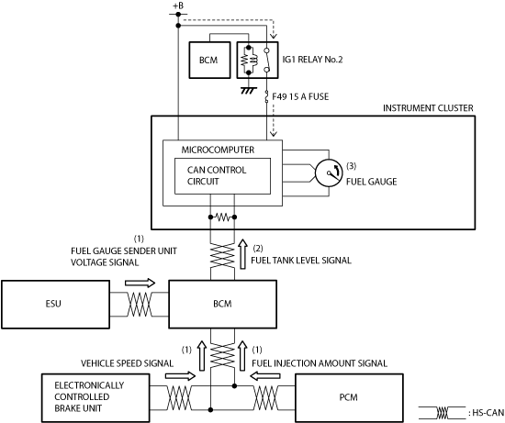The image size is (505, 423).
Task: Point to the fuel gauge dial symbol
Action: pos(329,173)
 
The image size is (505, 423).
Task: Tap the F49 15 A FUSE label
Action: pos(300,96)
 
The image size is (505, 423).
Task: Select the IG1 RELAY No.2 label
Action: pos(312,60)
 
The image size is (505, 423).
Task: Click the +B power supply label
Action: pos(178,6)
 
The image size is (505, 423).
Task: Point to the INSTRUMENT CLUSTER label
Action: pos(428,108)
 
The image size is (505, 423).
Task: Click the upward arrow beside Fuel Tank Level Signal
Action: pos(242,254)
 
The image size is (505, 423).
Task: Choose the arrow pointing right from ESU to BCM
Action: pos(140,283)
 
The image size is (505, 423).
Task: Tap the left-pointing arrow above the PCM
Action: pos(265,375)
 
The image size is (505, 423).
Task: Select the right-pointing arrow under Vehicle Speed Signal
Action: pos(180,375)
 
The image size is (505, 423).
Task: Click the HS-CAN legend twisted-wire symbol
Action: pos(443,412)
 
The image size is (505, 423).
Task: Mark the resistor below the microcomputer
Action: pos(222,217)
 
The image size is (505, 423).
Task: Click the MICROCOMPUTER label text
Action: pos(218,150)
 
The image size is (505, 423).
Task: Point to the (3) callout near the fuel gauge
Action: pos(351,166)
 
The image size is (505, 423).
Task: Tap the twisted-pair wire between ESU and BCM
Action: pos(140,305)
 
